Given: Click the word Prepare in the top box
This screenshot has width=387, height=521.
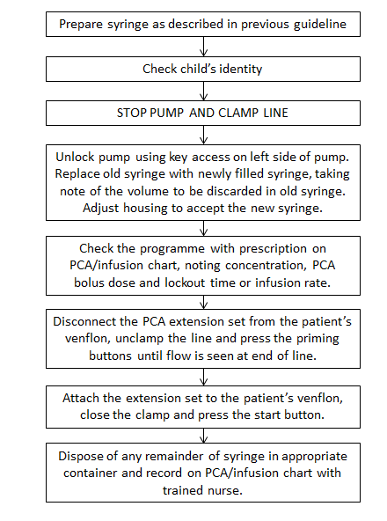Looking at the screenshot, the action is point(81,25).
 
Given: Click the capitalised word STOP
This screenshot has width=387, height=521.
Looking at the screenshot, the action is point(132,113).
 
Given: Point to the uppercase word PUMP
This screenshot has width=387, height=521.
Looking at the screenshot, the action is point(167,113).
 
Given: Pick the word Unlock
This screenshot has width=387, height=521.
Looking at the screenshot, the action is point(76,157).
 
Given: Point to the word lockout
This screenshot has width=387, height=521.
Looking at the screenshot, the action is point(185,283).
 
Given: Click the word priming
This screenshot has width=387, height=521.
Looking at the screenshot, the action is point(318,339).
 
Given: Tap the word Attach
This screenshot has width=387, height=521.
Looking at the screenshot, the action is point(81,398).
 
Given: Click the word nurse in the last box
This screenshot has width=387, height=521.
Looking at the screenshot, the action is point(225,490).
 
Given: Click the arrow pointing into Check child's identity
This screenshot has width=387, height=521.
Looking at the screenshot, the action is point(204,46).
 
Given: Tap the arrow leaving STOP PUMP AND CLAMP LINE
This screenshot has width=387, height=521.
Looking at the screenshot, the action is point(204,135).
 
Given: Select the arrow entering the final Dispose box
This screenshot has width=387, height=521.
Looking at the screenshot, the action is point(204,436).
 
